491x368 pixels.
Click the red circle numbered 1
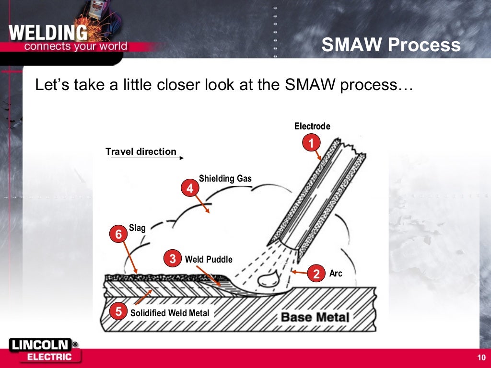(311, 143)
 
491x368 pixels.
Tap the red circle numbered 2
(316, 274)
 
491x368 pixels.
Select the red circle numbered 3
(172, 259)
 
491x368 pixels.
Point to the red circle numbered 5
(118, 312)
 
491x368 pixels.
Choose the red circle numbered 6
(118, 235)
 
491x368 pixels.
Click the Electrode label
(312, 126)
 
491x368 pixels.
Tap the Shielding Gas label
(225, 179)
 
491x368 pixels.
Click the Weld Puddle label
(209, 259)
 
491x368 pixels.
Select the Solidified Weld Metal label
(170, 313)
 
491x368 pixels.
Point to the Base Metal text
(315, 317)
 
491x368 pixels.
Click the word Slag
(137, 228)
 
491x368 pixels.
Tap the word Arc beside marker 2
(336, 274)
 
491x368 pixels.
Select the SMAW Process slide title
(390, 45)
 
